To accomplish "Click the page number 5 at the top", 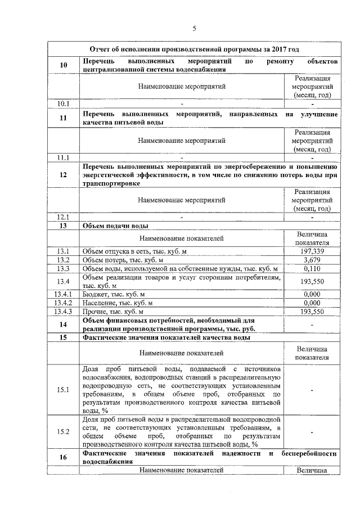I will pyautogui.click(x=193, y=29).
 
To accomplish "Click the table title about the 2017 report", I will pyautogui.click(x=192, y=50).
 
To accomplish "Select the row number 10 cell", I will pyautogui.click(x=64, y=65).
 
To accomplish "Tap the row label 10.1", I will pyautogui.click(x=64, y=103).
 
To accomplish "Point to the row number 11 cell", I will pyautogui.click(x=64, y=118).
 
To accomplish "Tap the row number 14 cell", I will pyautogui.click(x=64, y=325).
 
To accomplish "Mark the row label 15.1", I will pyautogui.click(x=64, y=390).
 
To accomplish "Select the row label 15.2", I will pyautogui.click(x=64, y=432).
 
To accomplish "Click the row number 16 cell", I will pyautogui.click(x=64, y=457).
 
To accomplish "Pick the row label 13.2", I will pyautogui.click(x=64, y=260).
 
